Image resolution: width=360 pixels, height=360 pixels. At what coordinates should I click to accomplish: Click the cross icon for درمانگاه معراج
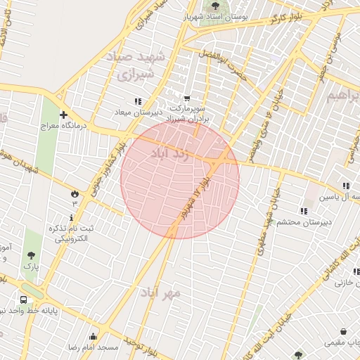click(x=64, y=115)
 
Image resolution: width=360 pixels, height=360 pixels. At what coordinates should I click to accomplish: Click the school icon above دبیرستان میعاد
click(x=138, y=101)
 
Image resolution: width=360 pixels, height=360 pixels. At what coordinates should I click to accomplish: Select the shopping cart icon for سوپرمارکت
click(x=186, y=99)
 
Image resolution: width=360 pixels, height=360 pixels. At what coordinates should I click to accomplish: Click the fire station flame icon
click(x=74, y=192)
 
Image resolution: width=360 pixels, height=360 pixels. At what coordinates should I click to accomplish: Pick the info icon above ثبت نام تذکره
click(x=71, y=218)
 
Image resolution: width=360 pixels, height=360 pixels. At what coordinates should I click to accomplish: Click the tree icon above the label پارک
click(x=30, y=256)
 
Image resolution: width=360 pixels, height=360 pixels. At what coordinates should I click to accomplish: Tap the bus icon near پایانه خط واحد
click(x=24, y=300)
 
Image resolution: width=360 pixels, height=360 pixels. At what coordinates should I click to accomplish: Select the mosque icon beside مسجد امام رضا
click(x=93, y=336)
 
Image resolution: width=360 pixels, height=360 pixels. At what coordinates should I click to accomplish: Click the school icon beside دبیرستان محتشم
click(x=304, y=211)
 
